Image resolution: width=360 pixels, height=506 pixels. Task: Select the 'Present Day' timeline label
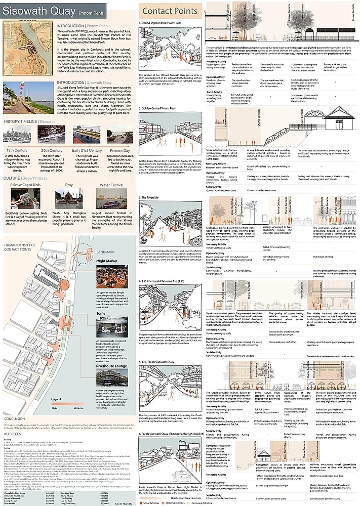tap(118, 150)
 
